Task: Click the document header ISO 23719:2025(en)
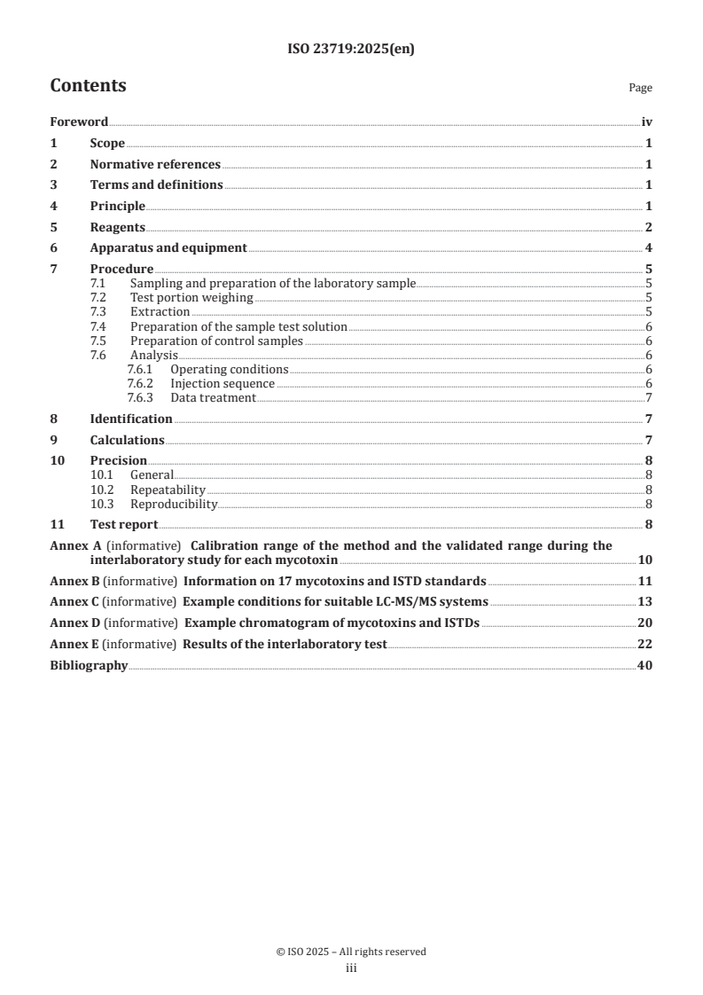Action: pyautogui.click(x=351, y=50)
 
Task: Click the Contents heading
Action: pyautogui.click(x=88, y=86)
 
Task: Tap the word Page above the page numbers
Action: pyautogui.click(x=640, y=88)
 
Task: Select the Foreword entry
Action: pyautogui.click(x=79, y=122)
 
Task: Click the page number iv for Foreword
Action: pyautogui.click(x=646, y=122)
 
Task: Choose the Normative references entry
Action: pyautogui.click(x=155, y=164)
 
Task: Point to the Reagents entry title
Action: pyautogui.click(x=118, y=227)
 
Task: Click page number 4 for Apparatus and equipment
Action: pyautogui.click(x=649, y=248)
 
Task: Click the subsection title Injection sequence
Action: pyautogui.click(x=223, y=384)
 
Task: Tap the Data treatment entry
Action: pyautogui.click(x=213, y=398)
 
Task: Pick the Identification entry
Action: pyautogui.click(x=131, y=419)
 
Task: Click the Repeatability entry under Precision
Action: pyautogui.click(x=168, y=490)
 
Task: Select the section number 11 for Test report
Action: pyautogui.click(x=57, y=524)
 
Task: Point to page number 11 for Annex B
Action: pyautogui.click(x=644, y=582)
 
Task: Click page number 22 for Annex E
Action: pyautogui.click(x=644, y=645)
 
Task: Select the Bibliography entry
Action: pyautogui.click(x=89, y=665)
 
